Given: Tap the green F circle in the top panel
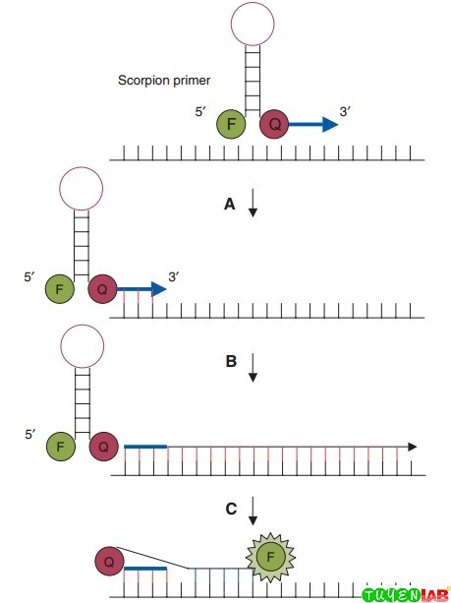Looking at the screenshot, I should pos(232,125).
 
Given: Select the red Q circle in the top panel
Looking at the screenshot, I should pos(274,125).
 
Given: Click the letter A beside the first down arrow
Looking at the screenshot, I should pos(229,204).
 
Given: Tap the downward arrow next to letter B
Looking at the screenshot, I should pos(253,367).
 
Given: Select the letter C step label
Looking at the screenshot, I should pos(230,509).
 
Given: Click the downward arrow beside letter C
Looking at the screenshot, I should pos(253,510).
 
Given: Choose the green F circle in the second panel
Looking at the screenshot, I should pos(60,290).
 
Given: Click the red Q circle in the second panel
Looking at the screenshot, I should pos(102,290).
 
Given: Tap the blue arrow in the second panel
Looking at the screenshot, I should pos(140,290).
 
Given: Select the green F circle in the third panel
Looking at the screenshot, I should pos(60,446).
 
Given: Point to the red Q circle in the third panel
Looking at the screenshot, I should pos(102,446).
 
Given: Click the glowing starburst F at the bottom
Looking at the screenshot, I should pos(267,561).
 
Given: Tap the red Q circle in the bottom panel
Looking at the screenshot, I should pos(110,562).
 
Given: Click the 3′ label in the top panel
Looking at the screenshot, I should pos(345,113).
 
